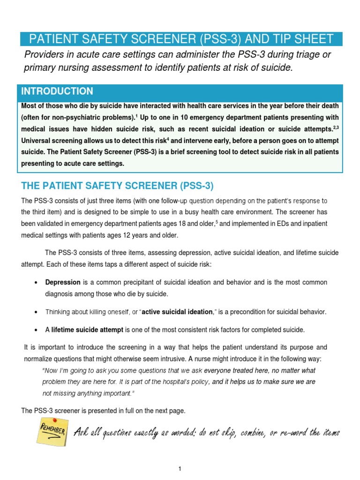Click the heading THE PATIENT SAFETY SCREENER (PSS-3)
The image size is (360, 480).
point(117,186)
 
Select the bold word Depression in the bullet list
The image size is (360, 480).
point(63,282)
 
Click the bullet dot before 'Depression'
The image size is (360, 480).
point(37,283)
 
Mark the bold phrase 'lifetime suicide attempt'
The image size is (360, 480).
point(87,330)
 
